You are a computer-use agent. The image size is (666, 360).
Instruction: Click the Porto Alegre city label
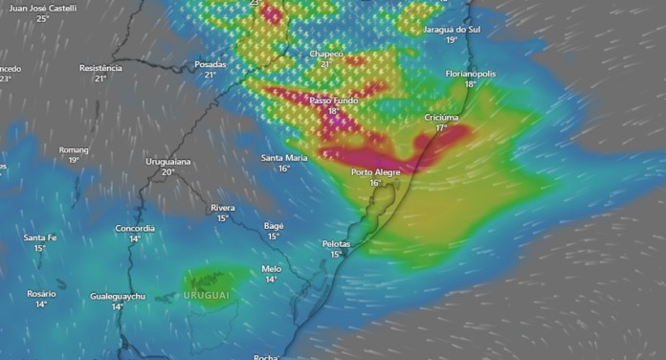point(375,172)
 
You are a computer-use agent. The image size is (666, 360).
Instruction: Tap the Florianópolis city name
point(470,74)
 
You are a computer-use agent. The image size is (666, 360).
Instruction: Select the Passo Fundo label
point(334,101)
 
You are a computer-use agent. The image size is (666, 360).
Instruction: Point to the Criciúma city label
point(441,117)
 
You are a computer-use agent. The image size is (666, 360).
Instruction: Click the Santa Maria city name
point(284,158)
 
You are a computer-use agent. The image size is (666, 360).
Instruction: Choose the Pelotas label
point(336,244)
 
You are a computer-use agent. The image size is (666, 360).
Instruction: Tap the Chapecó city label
point(326,54)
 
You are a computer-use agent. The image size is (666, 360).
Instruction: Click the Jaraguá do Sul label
point(452,30)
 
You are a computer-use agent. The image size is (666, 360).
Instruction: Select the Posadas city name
point(211,64)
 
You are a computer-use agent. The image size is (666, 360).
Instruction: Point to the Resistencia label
point(100,68)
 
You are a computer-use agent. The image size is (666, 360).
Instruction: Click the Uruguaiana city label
point(168,162)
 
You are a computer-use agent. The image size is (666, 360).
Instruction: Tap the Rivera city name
point(223,208)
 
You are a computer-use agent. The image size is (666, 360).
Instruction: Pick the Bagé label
point(274,226)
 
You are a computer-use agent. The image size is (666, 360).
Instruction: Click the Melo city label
point(272,269)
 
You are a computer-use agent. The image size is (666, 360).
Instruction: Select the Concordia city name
point(135,228)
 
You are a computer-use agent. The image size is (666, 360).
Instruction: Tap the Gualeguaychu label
point(118,297)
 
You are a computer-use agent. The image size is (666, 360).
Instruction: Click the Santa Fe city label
point(40,237)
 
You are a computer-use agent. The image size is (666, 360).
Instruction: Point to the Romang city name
point(74,150)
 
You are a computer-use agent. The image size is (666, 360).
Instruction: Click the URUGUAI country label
point(206,296)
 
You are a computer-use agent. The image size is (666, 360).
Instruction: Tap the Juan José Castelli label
point(42,8)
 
